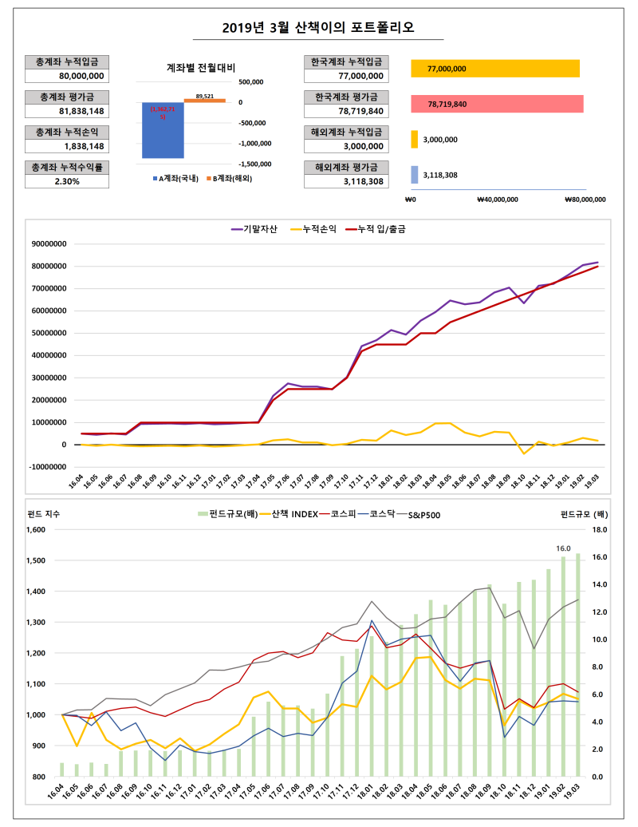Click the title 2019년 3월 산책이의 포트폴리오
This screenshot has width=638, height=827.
click(x=319, y=28)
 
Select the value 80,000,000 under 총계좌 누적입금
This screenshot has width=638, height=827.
click(x=67, y=76)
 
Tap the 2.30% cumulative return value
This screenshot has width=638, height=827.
click(x=67, y=181)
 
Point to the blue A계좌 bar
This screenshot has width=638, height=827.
click(x=163, y=130)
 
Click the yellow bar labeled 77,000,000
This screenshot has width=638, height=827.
click(x=494, y=69)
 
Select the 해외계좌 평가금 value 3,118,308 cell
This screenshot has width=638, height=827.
click(x=346, y=181)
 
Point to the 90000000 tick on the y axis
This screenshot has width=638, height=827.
click(x=49, y=244)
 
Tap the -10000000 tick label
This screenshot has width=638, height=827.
click(x=47, y=467)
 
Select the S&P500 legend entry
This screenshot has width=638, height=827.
click(x=423, y=515)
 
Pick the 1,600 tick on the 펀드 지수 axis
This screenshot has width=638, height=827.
click(x=36, y=529)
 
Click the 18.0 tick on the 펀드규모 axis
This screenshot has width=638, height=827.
click(x=601, y=529)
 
